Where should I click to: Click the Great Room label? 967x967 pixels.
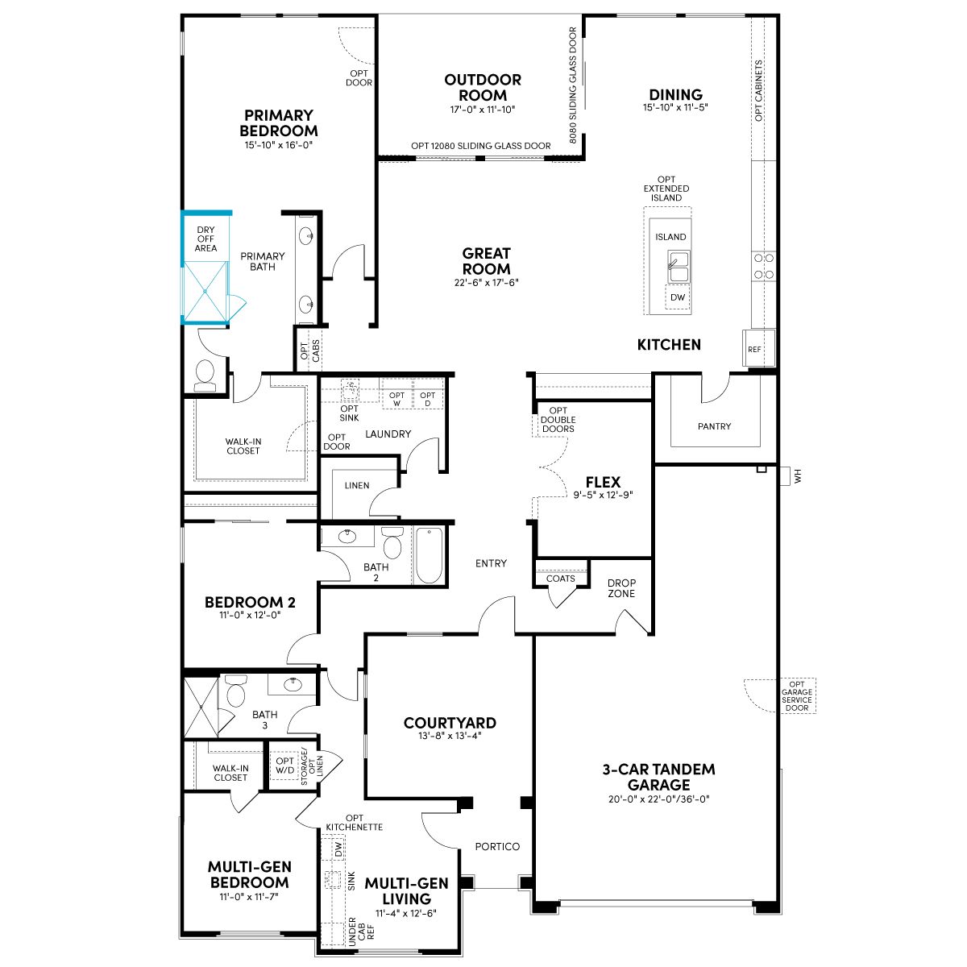486,261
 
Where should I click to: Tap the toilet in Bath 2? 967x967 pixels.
392,542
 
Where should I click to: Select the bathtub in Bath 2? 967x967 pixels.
429,555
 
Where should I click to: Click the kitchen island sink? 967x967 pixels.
679,267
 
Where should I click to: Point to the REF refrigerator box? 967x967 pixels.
758,348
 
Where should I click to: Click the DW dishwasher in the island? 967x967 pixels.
678,297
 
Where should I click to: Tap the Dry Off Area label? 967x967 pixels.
205,239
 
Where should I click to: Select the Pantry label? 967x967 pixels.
714,426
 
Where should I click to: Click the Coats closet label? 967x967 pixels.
561,579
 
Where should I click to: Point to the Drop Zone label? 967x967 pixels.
621,588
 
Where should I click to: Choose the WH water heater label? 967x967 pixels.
798,475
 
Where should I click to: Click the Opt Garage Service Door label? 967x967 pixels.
797,696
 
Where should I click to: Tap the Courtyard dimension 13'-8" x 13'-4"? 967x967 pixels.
450,736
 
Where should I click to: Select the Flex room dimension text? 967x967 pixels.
603,495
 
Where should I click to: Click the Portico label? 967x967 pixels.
497,847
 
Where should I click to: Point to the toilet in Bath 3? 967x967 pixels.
236,691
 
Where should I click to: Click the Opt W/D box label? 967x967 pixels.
284,766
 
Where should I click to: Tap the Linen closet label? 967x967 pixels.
357,486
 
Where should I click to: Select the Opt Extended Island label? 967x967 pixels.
666,189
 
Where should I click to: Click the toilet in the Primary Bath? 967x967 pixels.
205,376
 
